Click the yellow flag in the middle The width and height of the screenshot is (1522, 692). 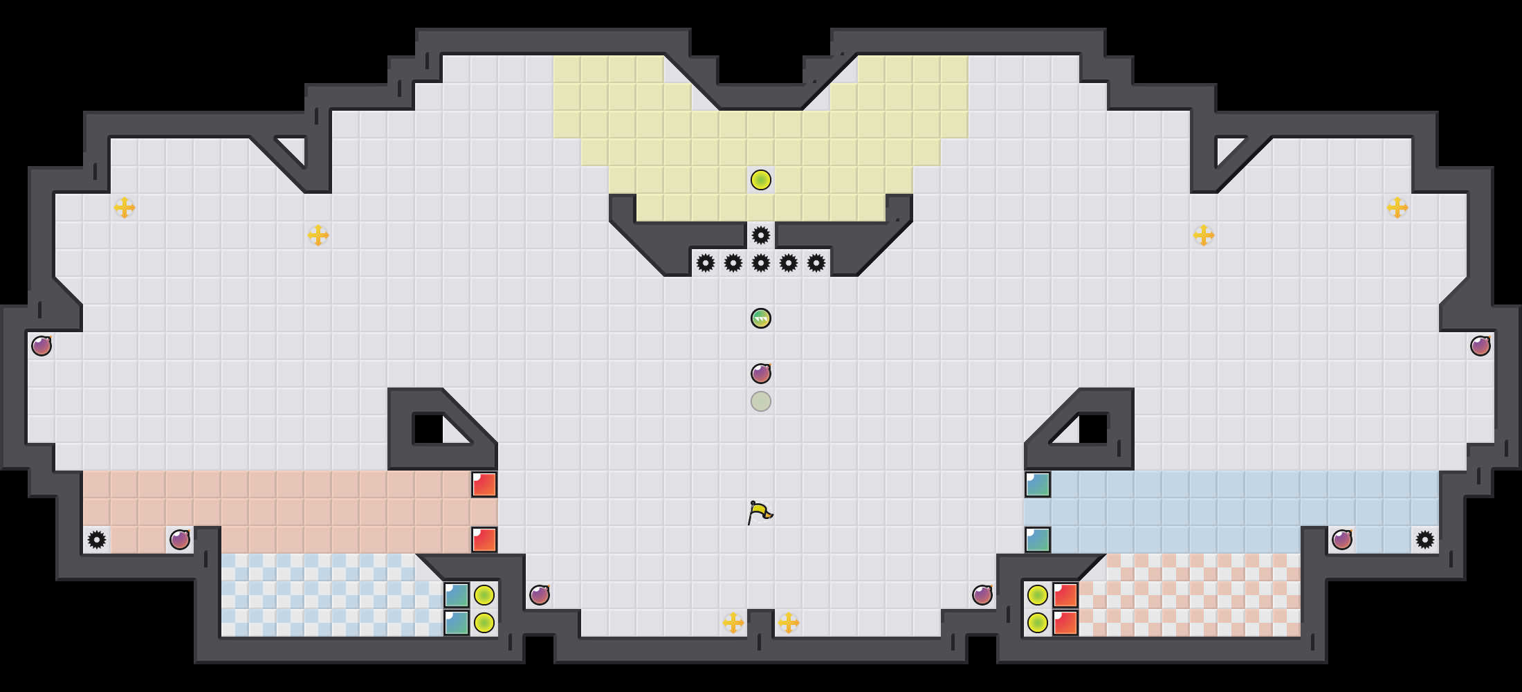pos(760,513)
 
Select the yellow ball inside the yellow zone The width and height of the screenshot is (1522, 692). pos(761,180)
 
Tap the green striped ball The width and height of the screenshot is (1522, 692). pos(761,318)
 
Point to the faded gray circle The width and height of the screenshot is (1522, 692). pos(761,401)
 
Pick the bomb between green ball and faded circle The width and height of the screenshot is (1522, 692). pos(761,374)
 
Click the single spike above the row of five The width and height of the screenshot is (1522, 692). pos(761,235)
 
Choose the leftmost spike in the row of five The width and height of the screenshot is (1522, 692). pos(706,263)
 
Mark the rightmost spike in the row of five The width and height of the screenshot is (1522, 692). pos(816,263)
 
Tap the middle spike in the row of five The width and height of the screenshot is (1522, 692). pos(761,263)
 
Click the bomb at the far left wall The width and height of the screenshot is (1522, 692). pos(42,346)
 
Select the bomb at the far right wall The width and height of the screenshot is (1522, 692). pos(1480,346)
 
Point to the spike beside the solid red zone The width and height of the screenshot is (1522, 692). pos(97,540)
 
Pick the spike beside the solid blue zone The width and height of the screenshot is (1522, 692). pos(1425,540)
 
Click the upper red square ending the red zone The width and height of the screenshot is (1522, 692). pos(484,484)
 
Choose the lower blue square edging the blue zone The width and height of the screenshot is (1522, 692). pos(1038,540)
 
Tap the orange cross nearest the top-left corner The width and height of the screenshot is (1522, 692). pos(125,208)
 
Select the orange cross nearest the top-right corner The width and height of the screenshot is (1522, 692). pos(1397,208)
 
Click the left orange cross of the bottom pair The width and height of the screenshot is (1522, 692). pos(733,623)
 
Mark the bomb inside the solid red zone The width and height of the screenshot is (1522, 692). pos(180,540)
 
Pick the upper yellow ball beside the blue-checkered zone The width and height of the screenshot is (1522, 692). pos(484,595)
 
